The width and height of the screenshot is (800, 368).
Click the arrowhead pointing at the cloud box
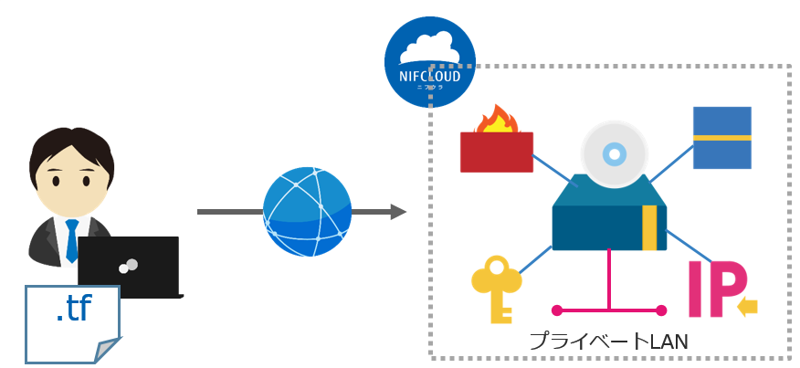[398, 212]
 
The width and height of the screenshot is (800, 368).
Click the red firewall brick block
[496, 152]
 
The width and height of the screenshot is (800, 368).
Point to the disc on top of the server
[615, 152]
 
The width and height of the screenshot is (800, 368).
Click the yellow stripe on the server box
[649, 227]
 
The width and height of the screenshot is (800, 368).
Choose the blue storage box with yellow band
[721, 138]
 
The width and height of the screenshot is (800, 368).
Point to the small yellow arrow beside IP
[747, 307]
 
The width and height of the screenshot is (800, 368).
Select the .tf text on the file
[73, 310]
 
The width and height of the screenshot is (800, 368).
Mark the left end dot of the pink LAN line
[555, 309]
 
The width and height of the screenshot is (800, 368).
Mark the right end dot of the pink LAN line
[661, 309]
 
